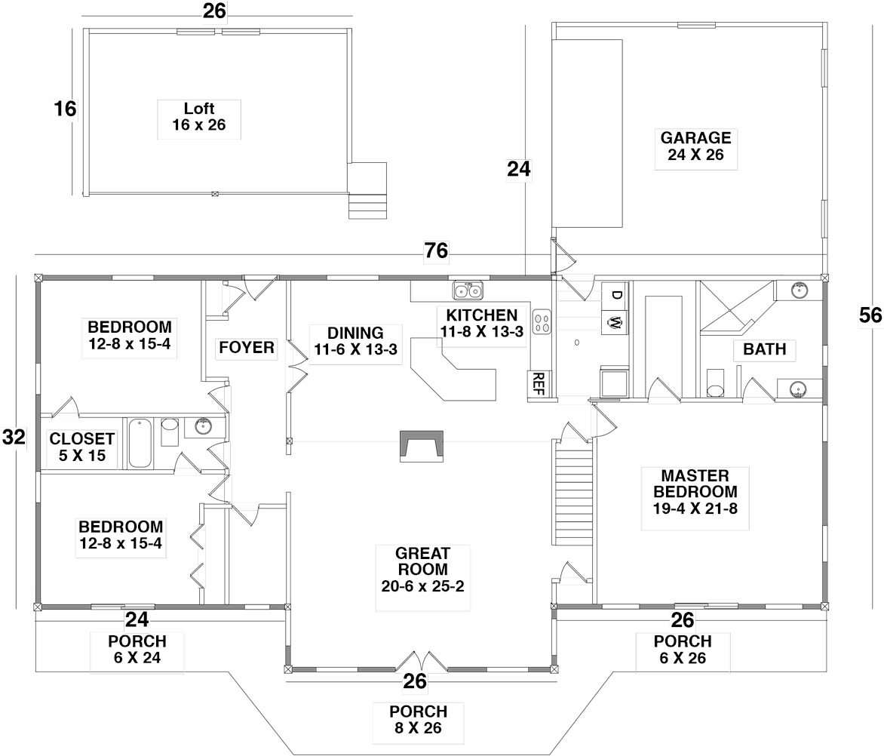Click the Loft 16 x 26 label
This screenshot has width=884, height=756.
point(198,118)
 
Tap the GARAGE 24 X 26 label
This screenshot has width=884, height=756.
point(695,147)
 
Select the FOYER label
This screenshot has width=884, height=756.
point(247,348)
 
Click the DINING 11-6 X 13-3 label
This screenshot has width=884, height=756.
point(355,344)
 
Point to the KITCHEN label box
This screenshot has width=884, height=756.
point(481,325)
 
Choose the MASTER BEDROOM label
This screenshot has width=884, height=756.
point(695,498)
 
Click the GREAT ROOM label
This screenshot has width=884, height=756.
point(422,578)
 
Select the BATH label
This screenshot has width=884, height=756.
point(764,349)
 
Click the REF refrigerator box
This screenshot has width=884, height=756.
point(538,383)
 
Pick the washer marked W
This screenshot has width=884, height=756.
point(614,324)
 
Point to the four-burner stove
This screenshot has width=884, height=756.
point(541,322)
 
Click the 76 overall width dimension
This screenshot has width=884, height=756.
point(435,252)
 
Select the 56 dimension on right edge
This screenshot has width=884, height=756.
point(870,316)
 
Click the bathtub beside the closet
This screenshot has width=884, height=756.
point(140,444)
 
